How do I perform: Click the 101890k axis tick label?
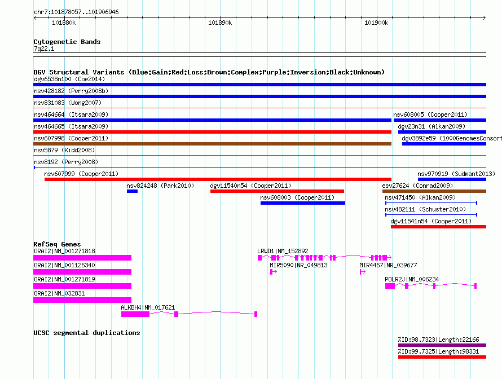220,23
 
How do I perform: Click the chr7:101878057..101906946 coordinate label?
76,12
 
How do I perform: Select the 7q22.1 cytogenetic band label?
44,49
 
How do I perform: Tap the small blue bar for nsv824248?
132,191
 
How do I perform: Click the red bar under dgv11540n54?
278,191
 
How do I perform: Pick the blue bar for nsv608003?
303,203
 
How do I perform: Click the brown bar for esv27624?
434,191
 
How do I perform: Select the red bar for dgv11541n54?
439,227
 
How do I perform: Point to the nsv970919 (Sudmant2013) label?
456,174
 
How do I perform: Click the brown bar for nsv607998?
212,144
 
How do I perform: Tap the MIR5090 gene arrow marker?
274,272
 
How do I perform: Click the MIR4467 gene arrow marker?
363,272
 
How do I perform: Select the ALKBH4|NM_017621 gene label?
148,307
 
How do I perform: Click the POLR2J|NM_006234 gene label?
412,279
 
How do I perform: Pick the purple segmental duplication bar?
442,345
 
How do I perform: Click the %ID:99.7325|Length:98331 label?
438,351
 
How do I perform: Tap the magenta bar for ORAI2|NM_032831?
82,300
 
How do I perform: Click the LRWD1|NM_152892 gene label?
283,251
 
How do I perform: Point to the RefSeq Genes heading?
57,244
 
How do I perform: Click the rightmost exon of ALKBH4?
256,314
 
